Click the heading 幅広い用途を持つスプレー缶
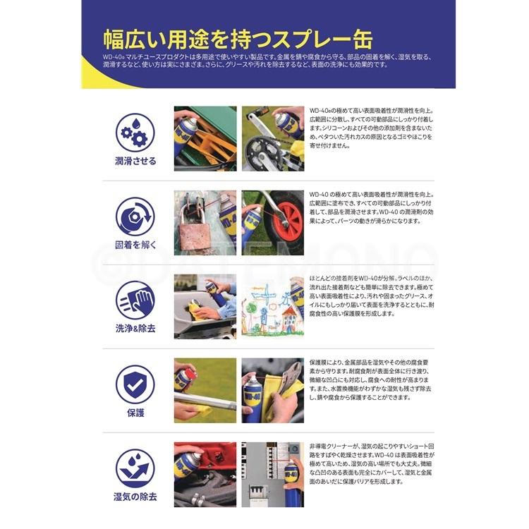238,38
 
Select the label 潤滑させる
135,161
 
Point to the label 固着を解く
135,245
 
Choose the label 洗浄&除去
135,329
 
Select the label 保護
135,413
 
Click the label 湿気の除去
135,497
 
